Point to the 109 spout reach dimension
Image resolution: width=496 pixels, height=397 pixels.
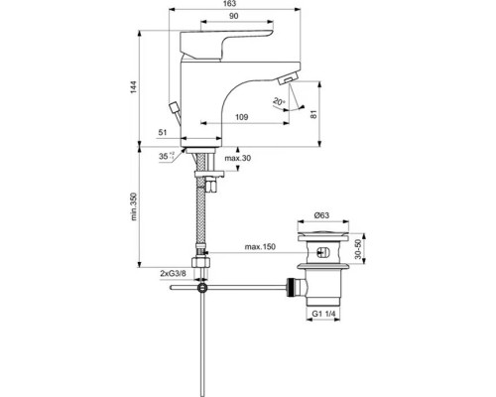[240, 116]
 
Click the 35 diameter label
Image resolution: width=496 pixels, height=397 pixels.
[164, 155]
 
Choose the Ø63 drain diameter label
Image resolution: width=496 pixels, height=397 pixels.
[322, 216]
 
